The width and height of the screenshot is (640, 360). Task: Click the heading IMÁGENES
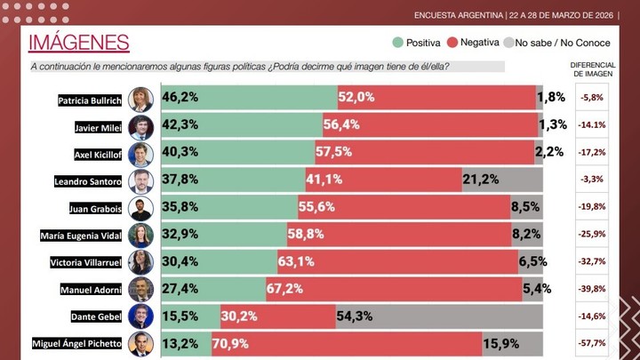coord(79,43)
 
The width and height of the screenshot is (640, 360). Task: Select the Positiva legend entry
coord(418,43)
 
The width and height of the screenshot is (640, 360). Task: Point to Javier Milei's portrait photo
coord(141,127)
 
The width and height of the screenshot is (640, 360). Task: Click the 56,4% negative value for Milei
coord(340,125)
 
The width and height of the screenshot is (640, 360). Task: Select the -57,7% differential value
coord(592,343)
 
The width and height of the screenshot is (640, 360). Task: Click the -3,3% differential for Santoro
coord(592,180)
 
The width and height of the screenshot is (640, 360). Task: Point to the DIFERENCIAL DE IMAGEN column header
coord(592,70)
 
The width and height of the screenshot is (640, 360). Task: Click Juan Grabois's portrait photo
coord(141,209)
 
